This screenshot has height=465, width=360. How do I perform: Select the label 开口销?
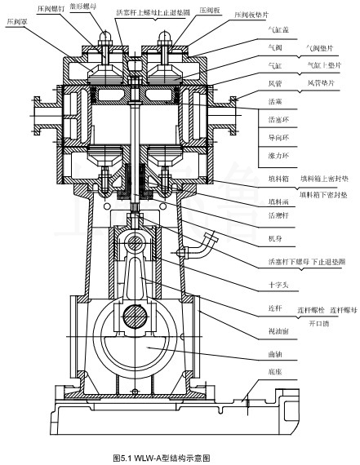tap(300, 323)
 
